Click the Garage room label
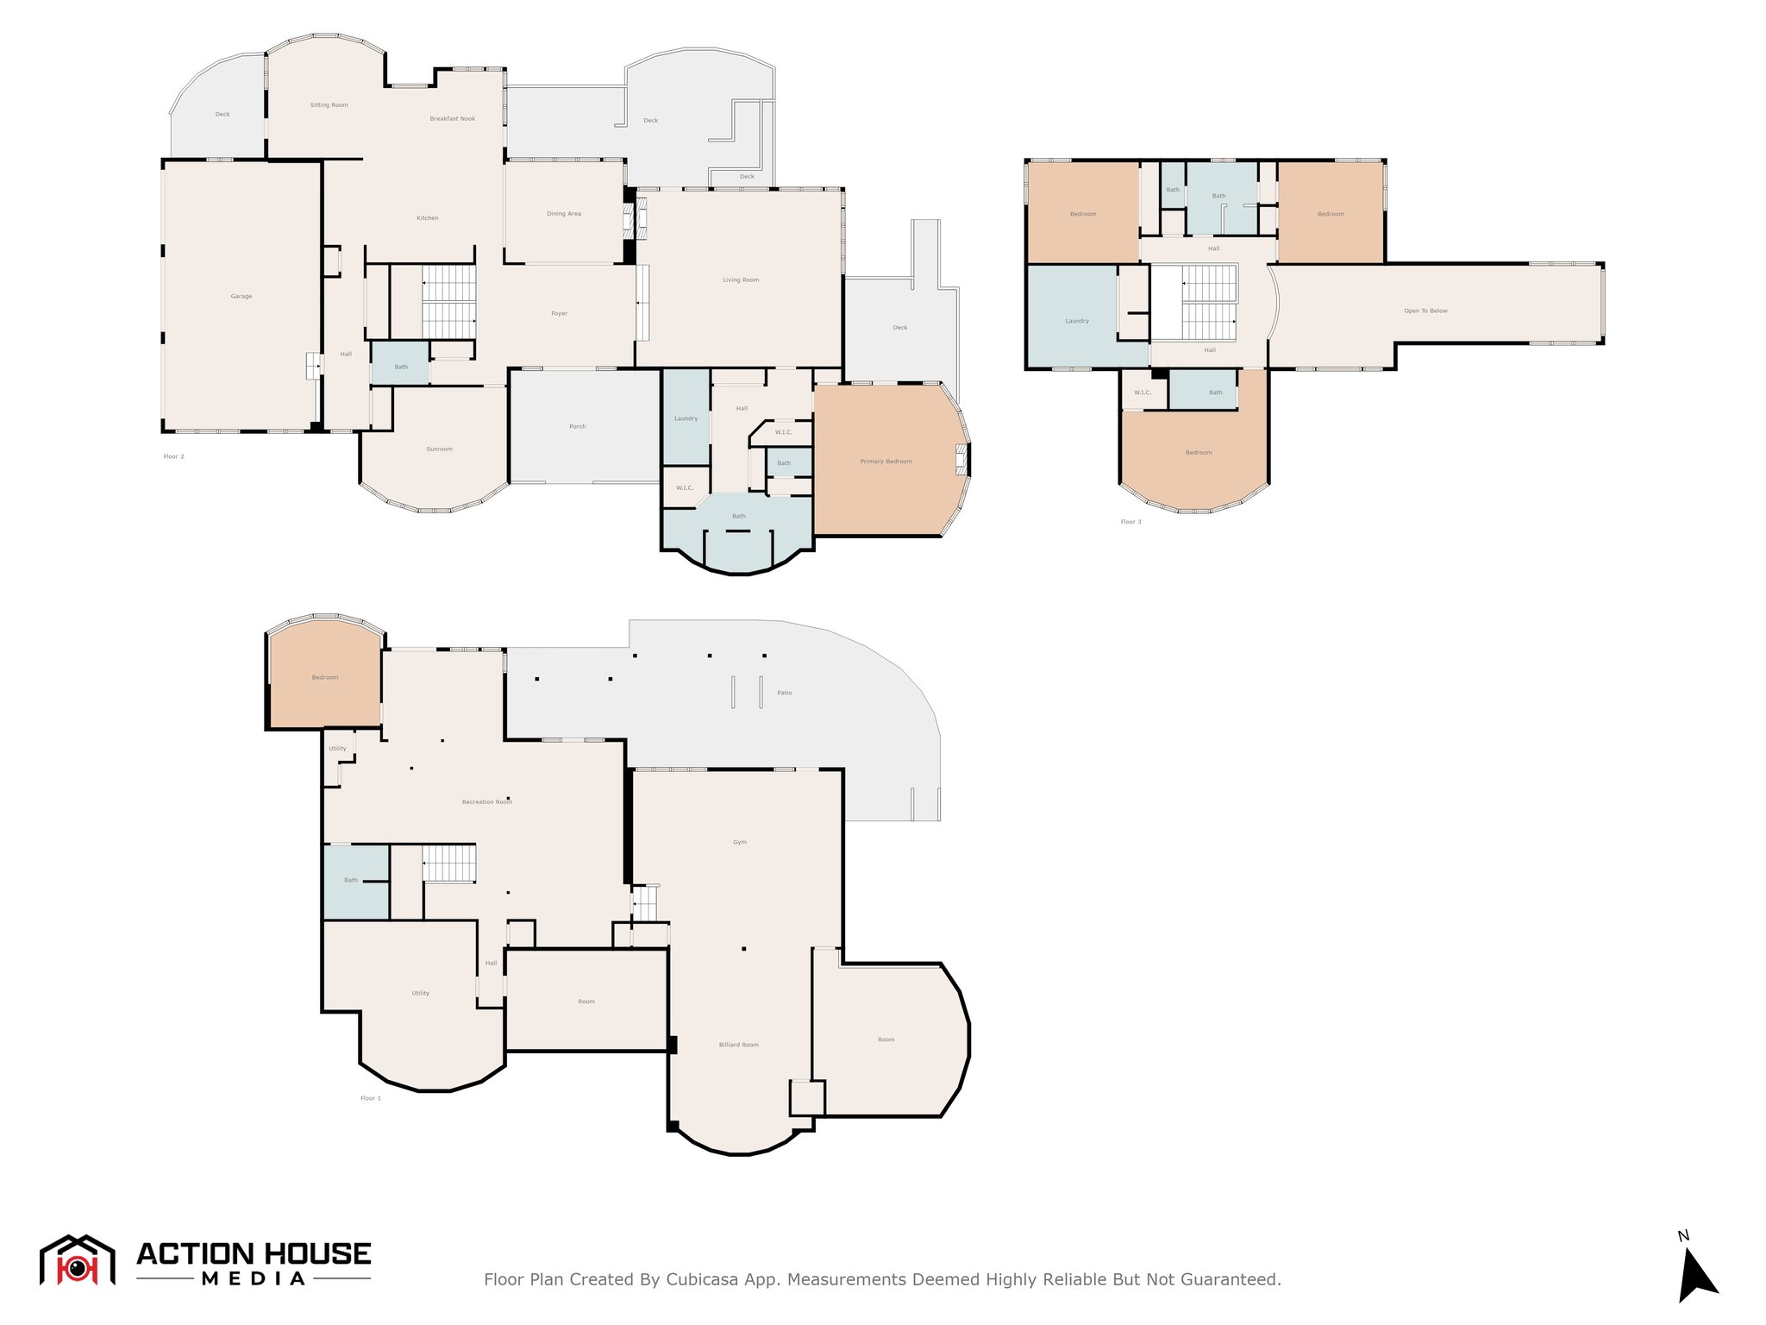pyautogui.click(x=241, y=297)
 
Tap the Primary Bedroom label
pyautogui.click(x=886, y=462)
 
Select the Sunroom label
pyautogui.click(x=440, y=449)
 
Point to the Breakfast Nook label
pyautogui.click(x=453, y=119)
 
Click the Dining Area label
pyautogui.click(x=564, y=214)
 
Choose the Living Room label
pyautogui.click(x=742, y=280)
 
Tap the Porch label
pyautogui.click(x=578, y=427)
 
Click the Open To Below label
pyautogui.click(x=1426, y=311)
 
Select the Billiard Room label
pyautogui.click(x=739, y=1046)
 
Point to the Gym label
pyautogui.click(x=740, y=843)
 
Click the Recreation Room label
pyautogui.click(x=487, y=802)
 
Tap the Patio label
pyautogui.click(x=785, y=694)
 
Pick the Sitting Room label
pyautogui.click(x=329, y=105)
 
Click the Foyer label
pyautogui.click(x=560, y=314)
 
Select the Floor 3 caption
pyautogui.click(x=1130, y=522)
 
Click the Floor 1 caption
pyautogui.click(x=371, y=1098)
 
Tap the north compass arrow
pyautogui.click(x=1696, y=1275)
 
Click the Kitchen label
pyautogui.click(x=428, y=218)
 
